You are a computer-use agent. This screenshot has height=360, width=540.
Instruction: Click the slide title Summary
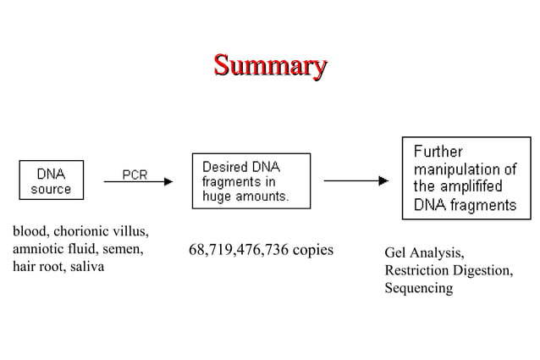(x=270, y=65)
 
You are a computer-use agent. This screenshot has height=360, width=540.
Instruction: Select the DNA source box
(x=51, y=180)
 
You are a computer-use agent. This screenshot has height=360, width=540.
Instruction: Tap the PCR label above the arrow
(x=135, y=174)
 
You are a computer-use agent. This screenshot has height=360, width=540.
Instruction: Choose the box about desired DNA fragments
(x=251, y=180)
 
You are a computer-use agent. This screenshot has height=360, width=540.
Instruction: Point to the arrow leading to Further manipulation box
(x=355, y=180)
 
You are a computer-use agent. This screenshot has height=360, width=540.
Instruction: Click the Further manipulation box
(x=466, y=178)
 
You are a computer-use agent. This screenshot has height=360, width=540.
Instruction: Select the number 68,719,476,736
(x=239, y=250)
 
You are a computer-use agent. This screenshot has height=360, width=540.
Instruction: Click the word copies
(x=313, y=250)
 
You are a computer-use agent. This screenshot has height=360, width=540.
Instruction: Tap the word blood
(x=30, y=232)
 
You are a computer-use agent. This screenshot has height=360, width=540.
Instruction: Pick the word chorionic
(x=84, y=232)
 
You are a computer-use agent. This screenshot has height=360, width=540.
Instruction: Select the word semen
(x=124, y=250)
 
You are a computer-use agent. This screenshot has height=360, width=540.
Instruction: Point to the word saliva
(x=87, y=268)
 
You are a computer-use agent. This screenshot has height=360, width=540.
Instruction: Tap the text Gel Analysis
(x=424, y=253)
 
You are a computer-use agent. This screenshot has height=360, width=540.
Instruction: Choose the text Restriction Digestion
(x=448, y=271)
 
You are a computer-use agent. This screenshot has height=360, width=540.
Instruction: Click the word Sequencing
(x=418, y=289)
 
